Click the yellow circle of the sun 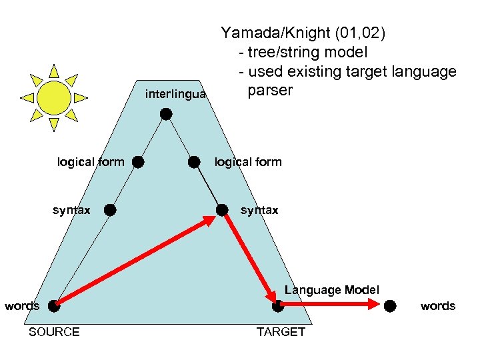(x=54, y=97)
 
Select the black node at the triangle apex (x=166, y=114)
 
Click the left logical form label (x=91, y=162)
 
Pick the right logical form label (x=248, y=162)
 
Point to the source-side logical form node (x=137, y=162)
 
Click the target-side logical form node (x=194, y=162)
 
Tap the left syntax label (x=71, y=211)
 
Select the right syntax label (x=259, y=211)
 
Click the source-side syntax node (x=110, y=210)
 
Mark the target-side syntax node (x=222, y=210)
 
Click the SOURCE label (x=54, y=332)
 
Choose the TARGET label (x=281, y=332)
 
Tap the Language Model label (x=331, y=290)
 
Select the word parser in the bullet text (x=270, y=90)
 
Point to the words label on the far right (x=438, y=306)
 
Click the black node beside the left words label (x=53, y=306)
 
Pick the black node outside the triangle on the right (x=391, y=305)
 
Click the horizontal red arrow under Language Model (x=333, y=305)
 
